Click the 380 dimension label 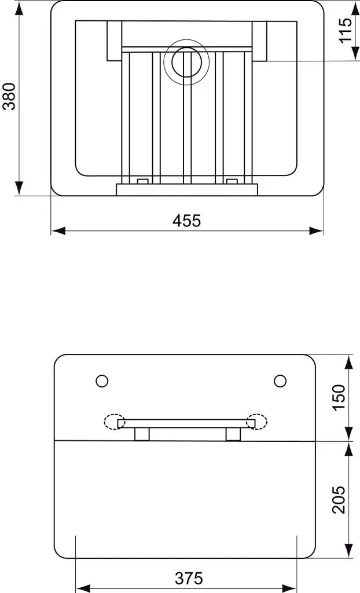click(10, 97)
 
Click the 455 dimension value click(186, 221)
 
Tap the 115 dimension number click(346, 31)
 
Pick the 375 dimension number click(189, 578)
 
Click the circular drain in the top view click(185, 63)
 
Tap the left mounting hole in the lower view click(102, 380)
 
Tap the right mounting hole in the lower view click(280, 380)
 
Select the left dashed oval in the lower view click(115, 422)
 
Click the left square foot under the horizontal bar click(142, 434)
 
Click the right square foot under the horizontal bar click(233, 434)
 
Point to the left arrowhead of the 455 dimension click(57, 230)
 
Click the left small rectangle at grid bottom click(142, 181)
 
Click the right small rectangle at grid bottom click(232, 181)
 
